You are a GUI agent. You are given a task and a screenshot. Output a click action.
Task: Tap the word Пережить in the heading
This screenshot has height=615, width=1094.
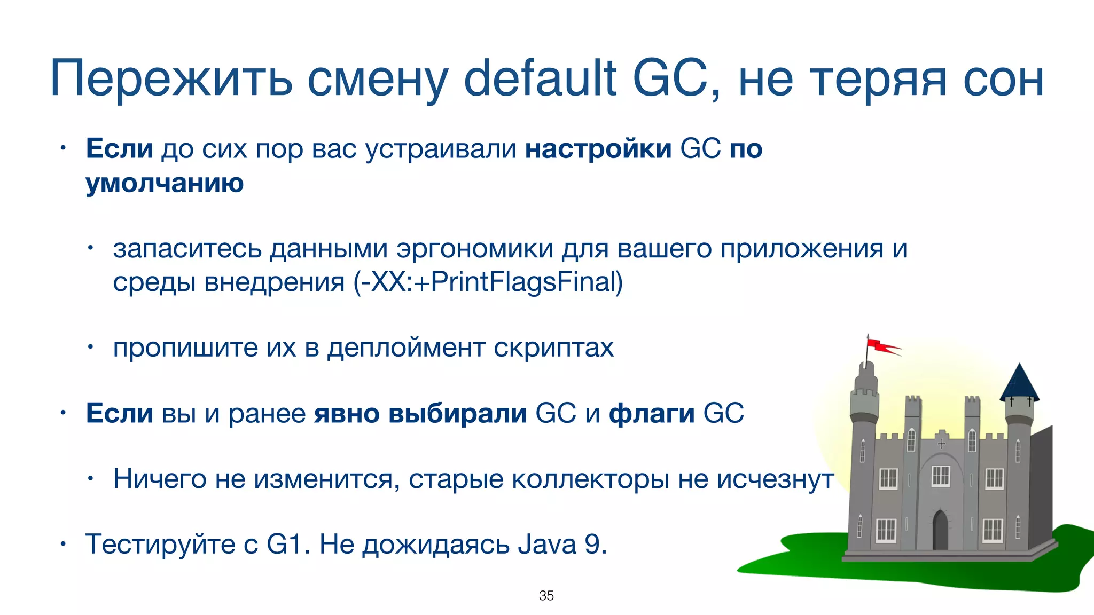(171, 79)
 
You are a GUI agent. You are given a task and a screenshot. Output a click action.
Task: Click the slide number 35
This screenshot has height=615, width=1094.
(546, 596)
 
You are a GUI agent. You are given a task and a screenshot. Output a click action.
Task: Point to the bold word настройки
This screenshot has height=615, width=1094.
(598, 149)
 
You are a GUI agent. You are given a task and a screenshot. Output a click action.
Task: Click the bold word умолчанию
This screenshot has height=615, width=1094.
(165, 183)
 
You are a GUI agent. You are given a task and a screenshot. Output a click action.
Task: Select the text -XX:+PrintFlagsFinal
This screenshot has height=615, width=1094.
(488, 282)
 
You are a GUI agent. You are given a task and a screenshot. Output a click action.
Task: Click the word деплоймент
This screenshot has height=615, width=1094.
(406, 348)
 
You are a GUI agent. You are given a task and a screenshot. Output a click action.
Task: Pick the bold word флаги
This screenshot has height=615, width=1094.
(652, 414)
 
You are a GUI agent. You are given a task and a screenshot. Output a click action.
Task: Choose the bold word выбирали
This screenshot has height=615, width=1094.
(457, 414)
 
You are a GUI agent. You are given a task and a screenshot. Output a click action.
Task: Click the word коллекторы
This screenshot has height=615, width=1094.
(590, 479)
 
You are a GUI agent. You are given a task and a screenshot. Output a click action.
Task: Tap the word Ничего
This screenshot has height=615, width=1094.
(159, 479)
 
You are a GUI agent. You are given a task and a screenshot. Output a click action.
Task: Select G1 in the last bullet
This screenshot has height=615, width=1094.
(284, 545)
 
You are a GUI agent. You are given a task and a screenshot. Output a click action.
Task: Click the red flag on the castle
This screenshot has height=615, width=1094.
(881, 346)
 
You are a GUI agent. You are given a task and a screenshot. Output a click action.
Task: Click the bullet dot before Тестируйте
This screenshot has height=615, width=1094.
(62, 545)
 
